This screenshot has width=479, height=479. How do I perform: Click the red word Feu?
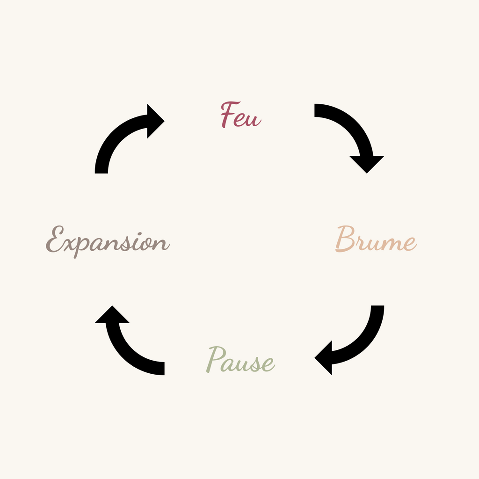coord(240,116)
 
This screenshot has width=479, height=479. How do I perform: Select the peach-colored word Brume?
coord(375,240)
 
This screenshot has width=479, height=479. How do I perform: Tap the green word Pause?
coord(240,361)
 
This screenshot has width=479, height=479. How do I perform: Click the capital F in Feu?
coord(229,115)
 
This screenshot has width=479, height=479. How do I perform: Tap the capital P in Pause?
coord(216,359)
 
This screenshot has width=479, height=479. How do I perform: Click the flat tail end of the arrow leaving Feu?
coord(316,110)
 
